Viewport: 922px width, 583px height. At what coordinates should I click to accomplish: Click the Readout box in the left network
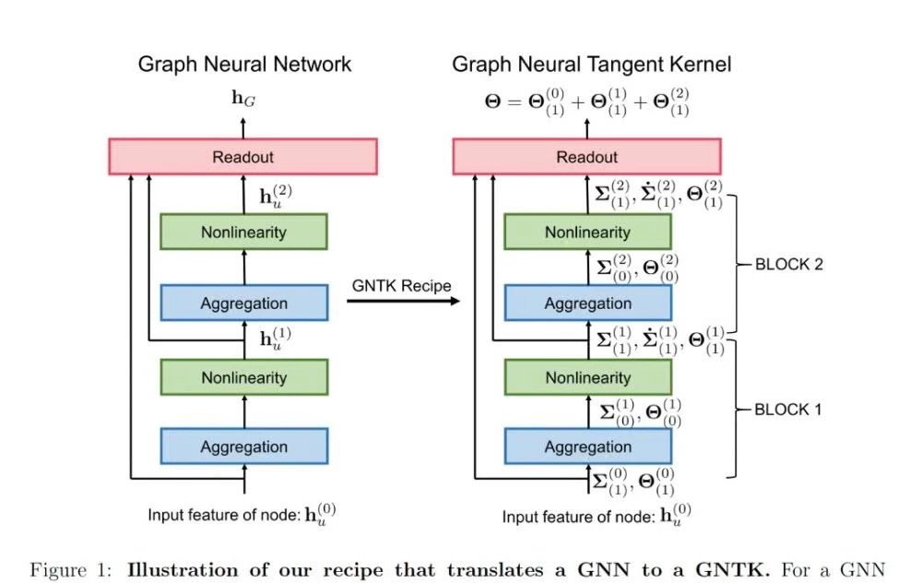tap(242, 157)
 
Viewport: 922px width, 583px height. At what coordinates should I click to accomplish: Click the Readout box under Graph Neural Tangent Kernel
tap(586, 157)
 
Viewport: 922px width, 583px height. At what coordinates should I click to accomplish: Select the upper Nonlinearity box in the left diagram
tap(243, 232)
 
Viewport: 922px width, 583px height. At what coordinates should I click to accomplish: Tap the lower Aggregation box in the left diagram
tap(243, 446)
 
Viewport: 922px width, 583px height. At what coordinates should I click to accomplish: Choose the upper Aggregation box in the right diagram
tap(587, 303)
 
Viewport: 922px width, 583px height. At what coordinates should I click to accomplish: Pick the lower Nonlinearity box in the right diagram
tap(587, 377)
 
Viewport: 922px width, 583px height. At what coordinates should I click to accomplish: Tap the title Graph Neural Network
tap(244, 65)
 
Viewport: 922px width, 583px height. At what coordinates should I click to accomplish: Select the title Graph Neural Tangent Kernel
tap(591, 65)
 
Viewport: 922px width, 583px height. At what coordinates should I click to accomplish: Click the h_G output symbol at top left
tap(243, 96)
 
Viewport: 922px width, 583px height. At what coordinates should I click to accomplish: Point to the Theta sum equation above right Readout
tap(586, 101)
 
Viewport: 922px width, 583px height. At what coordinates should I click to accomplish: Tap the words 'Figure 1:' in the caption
tap(67, 569)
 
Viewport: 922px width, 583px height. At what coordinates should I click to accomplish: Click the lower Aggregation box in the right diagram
tap(587, 446)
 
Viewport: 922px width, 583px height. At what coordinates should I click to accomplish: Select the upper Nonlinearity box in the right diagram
tap(587, 232)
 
